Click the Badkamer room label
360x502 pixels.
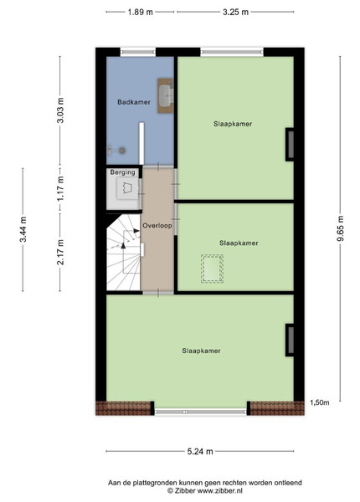(134, 102)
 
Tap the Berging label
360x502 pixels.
(123, 172)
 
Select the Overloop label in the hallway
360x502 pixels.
(157, 225)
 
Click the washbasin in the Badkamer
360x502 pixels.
(166, 95)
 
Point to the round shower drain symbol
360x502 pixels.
(121, 150)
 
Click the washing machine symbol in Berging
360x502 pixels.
(127, 188)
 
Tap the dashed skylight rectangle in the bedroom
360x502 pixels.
(212, 269)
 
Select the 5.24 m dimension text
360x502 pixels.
(200, 452)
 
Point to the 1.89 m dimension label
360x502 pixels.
(141, 13)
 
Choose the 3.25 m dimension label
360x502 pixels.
(235, 13)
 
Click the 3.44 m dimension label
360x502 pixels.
(23, 229)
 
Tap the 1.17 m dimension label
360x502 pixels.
(60, 188)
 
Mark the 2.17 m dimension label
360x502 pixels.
(60, 252)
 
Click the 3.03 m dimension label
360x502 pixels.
(60, 110)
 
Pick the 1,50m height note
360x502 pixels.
(320, 402)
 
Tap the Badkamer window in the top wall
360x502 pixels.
(138, 52)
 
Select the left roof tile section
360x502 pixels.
(124, 408)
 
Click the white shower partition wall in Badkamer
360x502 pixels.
(141, 143)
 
